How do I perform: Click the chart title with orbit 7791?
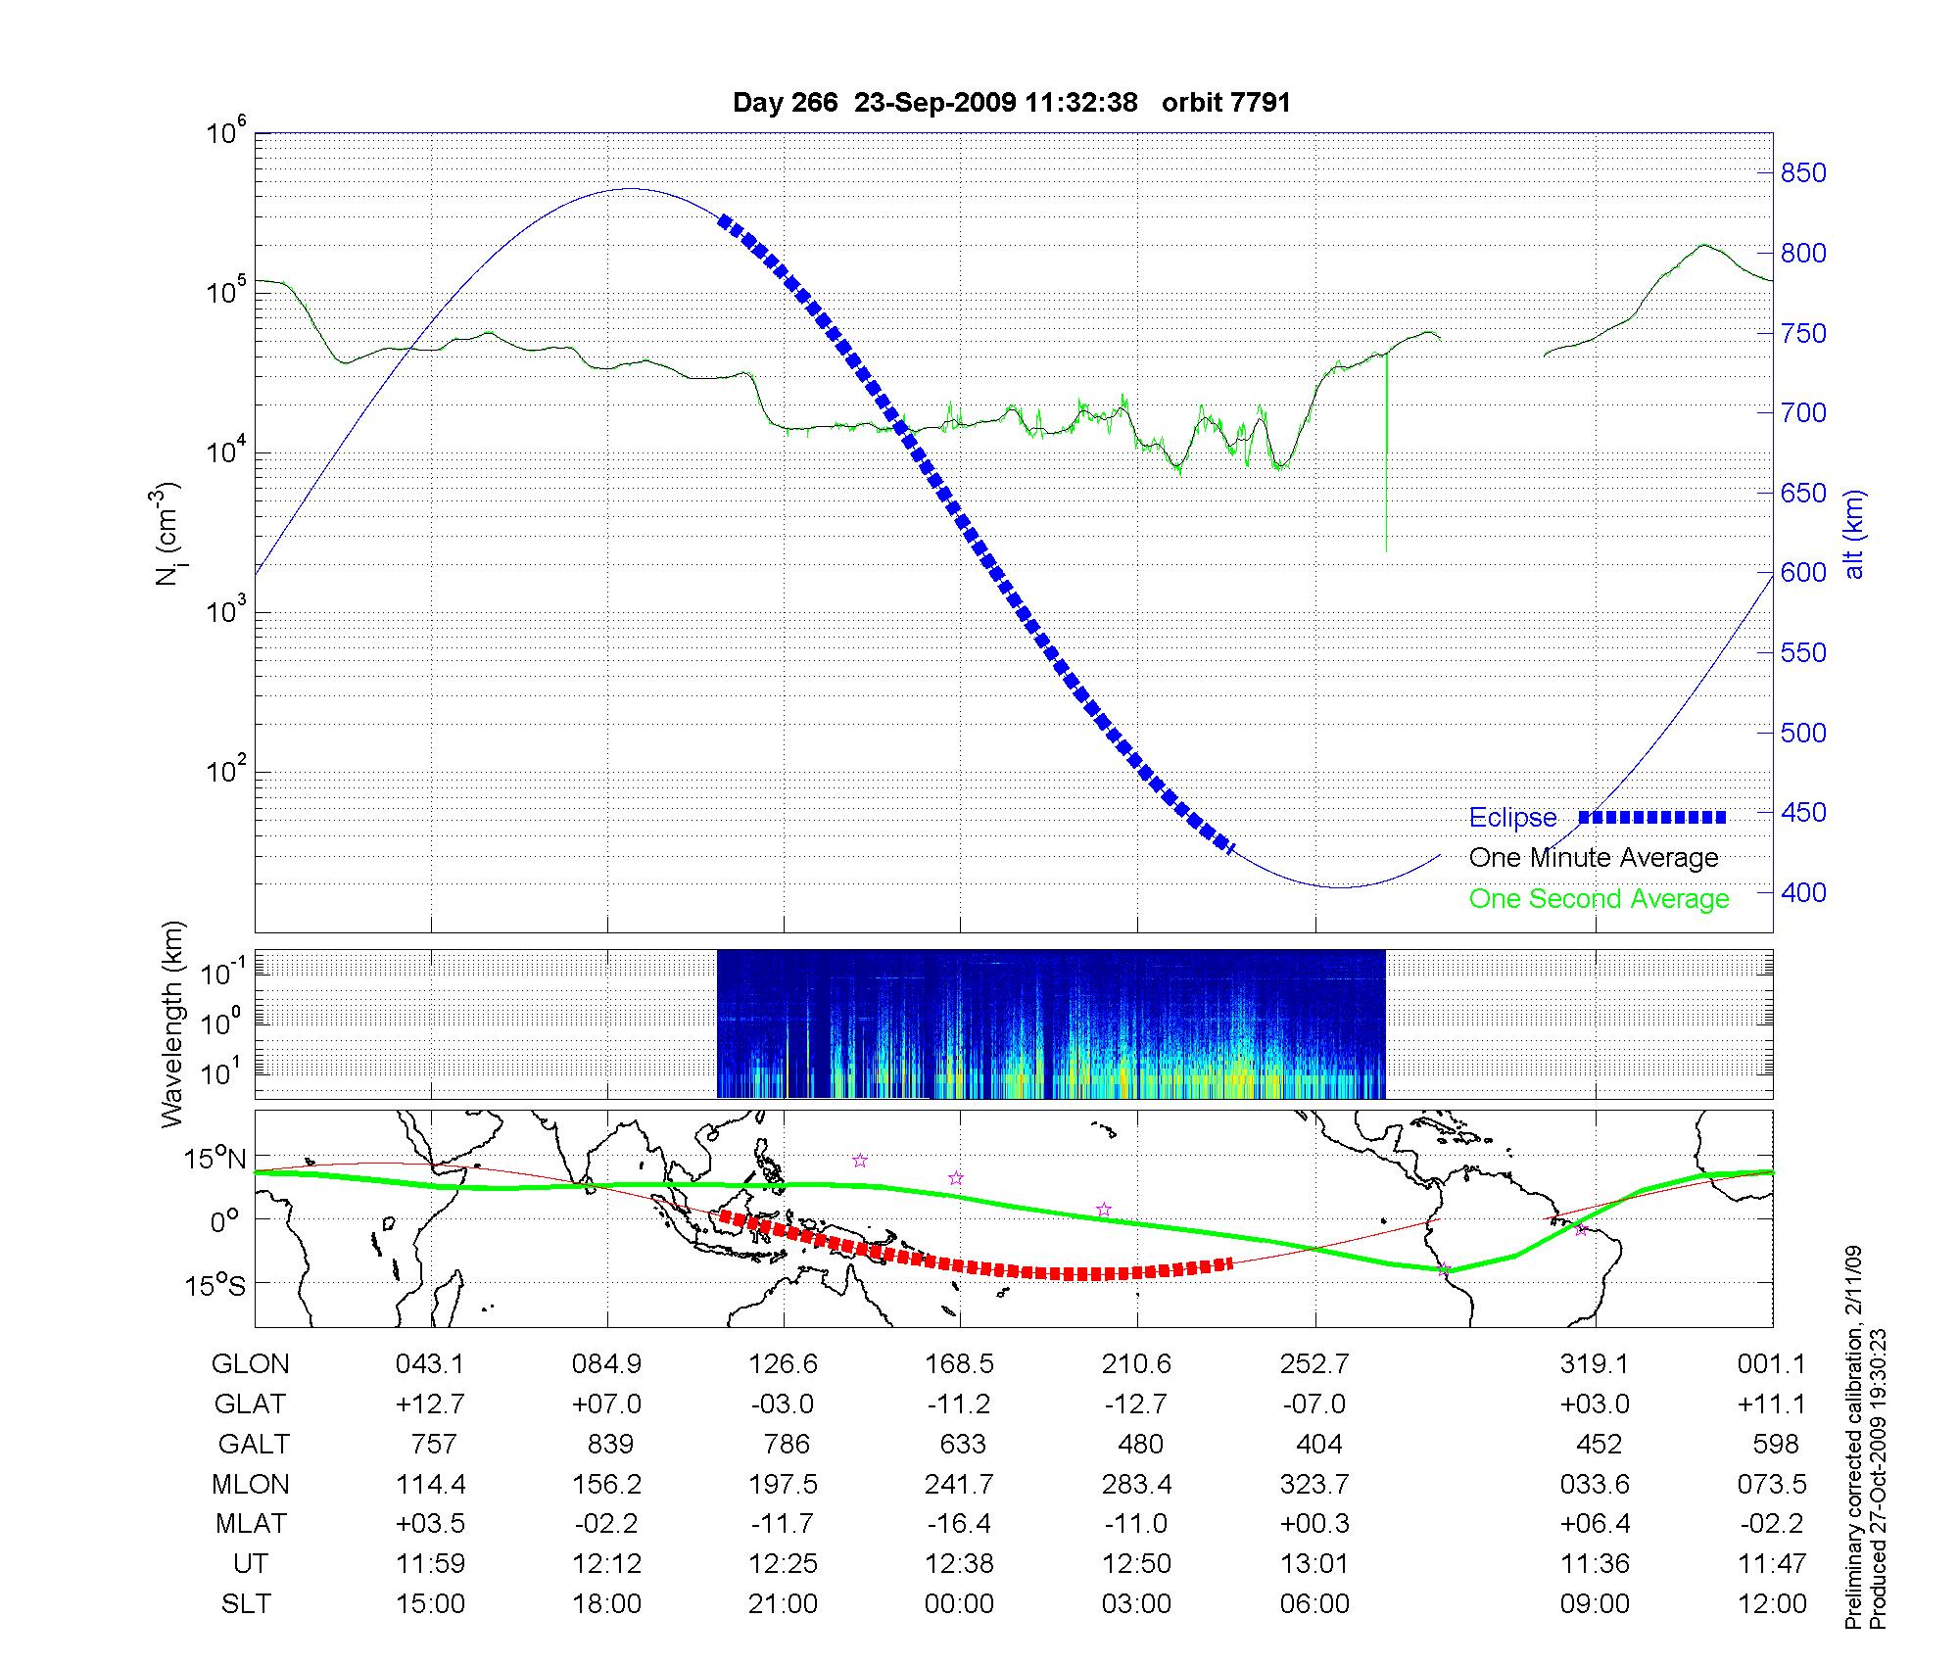[1011, 102]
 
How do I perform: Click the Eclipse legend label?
[1512, 818]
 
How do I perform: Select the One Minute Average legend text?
[1594, 858]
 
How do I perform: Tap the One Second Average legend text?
[1599, 899]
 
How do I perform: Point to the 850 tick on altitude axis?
[1803, 173]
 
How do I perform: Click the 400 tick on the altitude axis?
[1803, 892]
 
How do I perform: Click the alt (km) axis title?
[1854, 534]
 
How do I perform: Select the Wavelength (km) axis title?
[173, 1023]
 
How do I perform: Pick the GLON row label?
[250, 1364]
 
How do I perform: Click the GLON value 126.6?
[783, 1364]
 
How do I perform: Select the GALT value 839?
[608, 1445]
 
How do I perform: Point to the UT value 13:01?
[1314, 1564]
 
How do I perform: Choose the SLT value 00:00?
[959, 1604]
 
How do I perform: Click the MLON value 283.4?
[1136, 1485]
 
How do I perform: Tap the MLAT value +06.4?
[1595, 1524]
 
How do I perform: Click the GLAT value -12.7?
[1136, 1404]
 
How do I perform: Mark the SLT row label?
[246, 1604]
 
